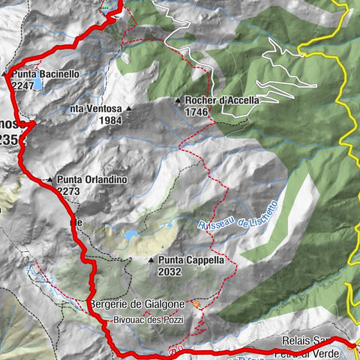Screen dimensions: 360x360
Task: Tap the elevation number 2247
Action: pyautogui.click(x=24, y=86)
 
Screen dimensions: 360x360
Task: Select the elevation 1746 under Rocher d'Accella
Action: pyautogui.click(x=196, y=111)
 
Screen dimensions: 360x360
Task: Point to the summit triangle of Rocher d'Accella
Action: pyautogui.click(x=178, y=100)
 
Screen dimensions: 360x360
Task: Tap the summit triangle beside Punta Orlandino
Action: pyautogui.click(x=49, y=181)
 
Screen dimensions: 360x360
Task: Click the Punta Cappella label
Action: pyautogui.click(x=190, y=260)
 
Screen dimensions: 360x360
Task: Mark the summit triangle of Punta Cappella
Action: pyautogui.click(x=152, y=261)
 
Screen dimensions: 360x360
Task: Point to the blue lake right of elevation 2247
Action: pyautogui.click(x=37, y=85)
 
